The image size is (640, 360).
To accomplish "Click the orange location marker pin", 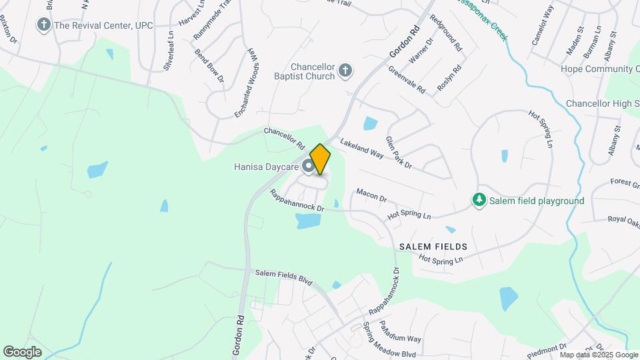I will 320,159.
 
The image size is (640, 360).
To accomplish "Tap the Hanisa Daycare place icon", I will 309,166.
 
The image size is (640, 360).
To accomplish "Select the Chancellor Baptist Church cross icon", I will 345,71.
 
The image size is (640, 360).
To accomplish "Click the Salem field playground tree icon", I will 479,200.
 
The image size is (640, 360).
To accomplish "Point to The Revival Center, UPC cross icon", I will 44,25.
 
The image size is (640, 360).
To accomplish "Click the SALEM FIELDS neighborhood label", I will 433,247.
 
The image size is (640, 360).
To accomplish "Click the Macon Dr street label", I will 371,195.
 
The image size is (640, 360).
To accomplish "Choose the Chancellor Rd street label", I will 284,137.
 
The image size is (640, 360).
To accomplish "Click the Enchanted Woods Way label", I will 244,83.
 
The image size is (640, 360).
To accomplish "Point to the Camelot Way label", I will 543,25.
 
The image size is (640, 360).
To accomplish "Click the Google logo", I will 22,351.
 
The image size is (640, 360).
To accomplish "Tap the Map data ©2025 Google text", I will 599,355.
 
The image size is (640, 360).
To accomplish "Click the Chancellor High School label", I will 603,103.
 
